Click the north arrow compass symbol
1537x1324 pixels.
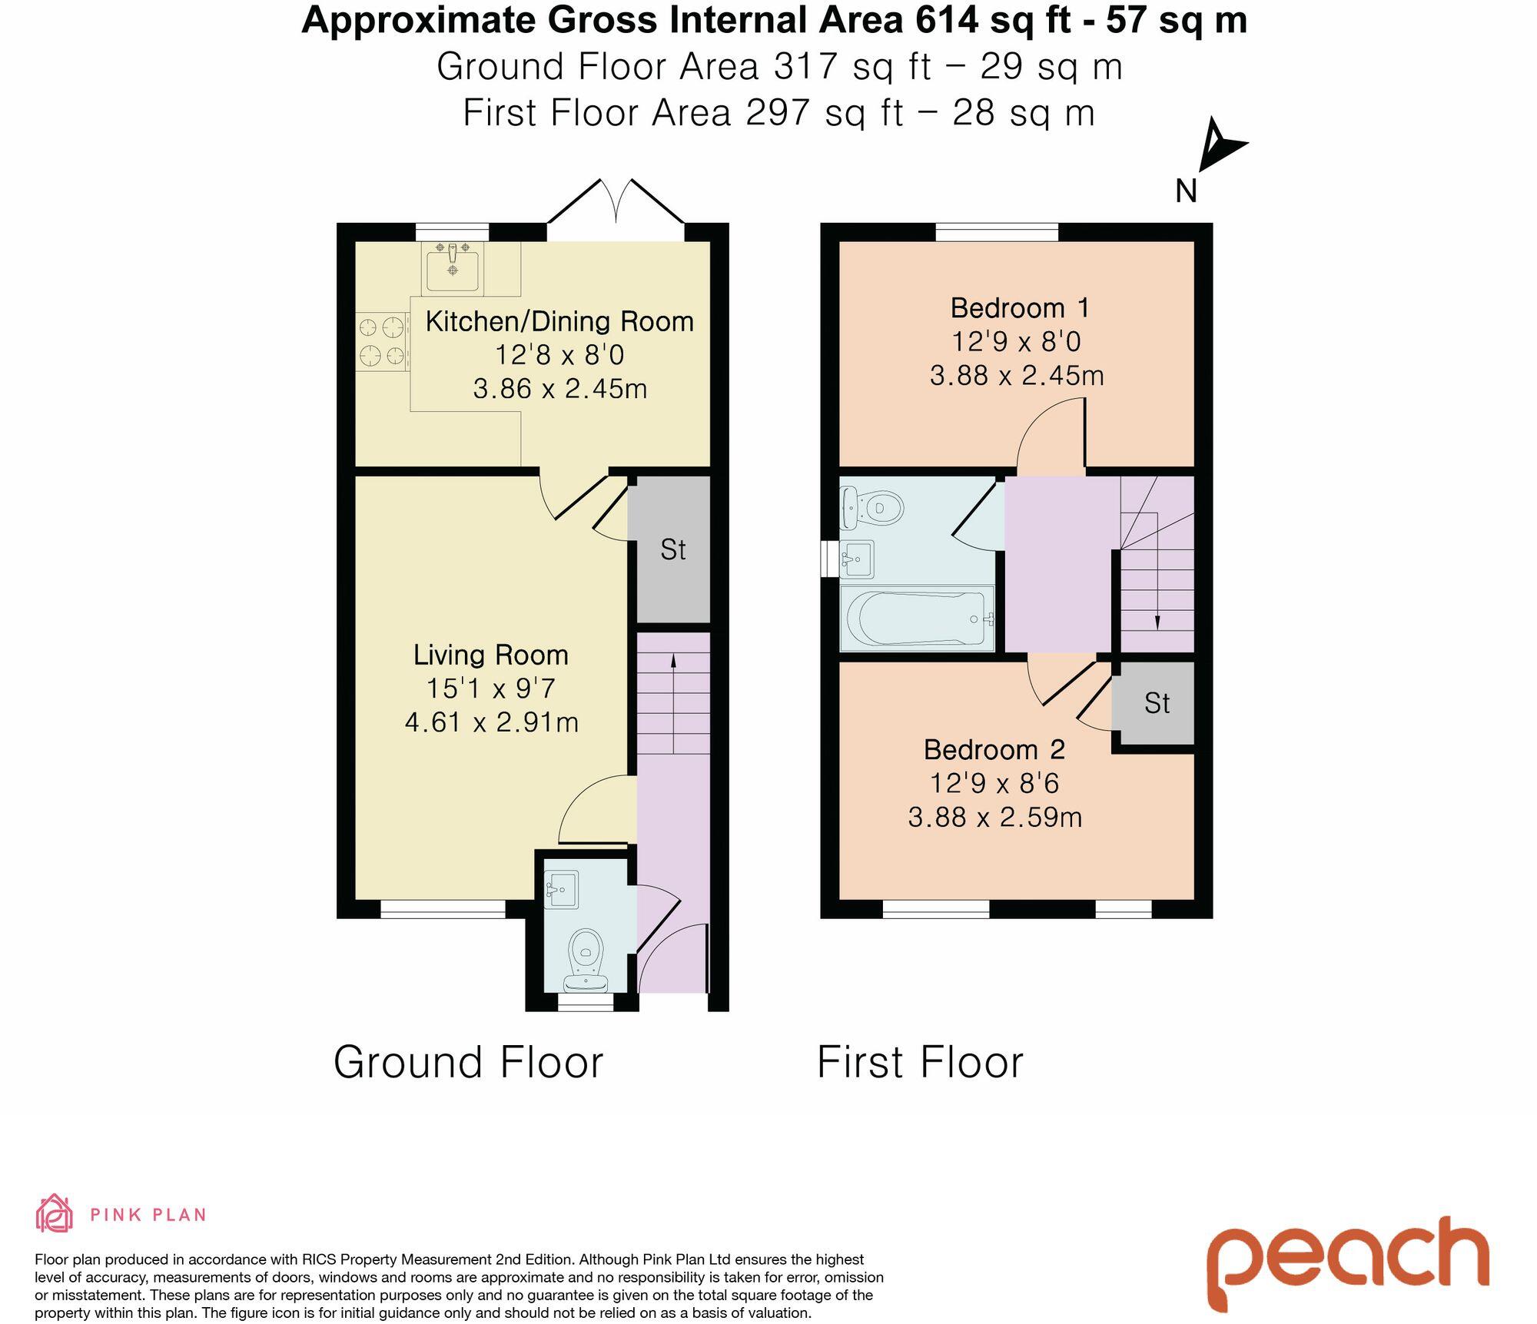1219,145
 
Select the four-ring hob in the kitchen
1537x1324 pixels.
382,342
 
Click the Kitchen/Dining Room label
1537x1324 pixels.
559,321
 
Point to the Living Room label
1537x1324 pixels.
491,655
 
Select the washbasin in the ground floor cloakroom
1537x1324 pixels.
562,890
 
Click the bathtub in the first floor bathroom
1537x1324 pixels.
916,619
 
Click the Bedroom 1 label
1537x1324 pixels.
1019,308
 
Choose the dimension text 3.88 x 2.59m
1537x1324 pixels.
994,817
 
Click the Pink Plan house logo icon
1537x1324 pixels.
55,1214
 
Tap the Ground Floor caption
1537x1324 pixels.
468,1062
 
